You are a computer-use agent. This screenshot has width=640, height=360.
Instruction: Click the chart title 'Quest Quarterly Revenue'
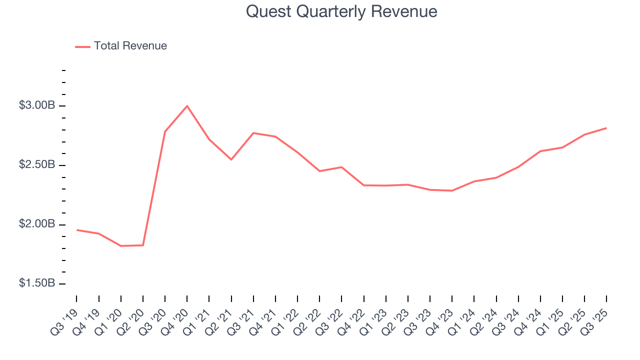(x=341, y=11)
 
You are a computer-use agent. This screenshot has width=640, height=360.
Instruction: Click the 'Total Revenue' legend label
(x=130, y=46)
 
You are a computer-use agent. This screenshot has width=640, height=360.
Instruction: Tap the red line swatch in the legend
(x=82, y=46)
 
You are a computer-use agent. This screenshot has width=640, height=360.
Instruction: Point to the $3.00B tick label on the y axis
(x=37, y=105)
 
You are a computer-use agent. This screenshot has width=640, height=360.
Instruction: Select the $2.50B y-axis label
(x=37, y=165)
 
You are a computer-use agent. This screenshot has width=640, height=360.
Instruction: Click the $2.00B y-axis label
(x=37, y=224)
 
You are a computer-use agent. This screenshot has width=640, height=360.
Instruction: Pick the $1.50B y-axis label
(x=37, y=283)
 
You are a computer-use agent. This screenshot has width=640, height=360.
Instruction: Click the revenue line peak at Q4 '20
(x=187, y=106)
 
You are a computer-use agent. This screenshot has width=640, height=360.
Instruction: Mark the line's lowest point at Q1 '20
(x=121, y=246)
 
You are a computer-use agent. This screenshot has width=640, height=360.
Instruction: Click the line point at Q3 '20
(x=165, y=131)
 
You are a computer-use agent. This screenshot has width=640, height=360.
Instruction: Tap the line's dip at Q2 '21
(x=231, y=159)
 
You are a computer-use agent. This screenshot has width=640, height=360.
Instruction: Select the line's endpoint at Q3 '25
(x=606, y=128)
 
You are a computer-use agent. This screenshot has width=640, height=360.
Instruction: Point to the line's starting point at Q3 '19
(x=76, y=230)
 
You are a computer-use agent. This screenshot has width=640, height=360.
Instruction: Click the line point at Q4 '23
(x=452, y=190)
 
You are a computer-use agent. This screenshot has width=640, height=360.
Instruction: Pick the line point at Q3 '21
(x=253, y=133)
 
